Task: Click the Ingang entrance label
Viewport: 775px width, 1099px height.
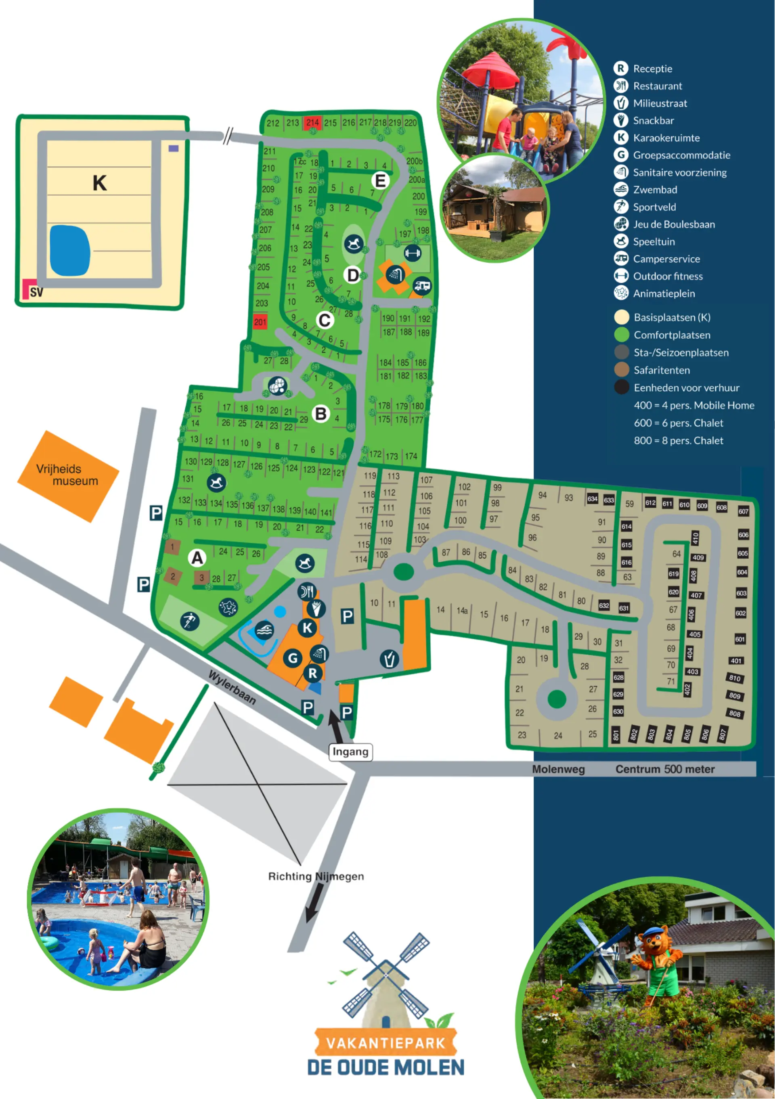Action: pos(350,752)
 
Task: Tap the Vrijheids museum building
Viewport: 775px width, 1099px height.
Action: pos(68,476)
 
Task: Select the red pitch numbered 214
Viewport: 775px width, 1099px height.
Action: pos(312,123)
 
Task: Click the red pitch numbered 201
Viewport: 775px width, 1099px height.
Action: pos(260,322)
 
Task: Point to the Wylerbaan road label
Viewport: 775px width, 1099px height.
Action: pos(232,688)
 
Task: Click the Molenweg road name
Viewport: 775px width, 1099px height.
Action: pos(558,769)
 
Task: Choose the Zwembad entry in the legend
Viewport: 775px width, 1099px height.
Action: pos(655,190)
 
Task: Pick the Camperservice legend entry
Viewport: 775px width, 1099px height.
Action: pos(666,259)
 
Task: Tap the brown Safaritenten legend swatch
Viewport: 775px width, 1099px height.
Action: pos(621,370)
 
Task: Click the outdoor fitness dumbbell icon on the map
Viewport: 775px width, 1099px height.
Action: pos(412,252)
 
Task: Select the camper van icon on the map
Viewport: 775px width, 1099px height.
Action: pos(422,286)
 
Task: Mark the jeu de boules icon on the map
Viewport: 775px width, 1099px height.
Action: pos(277,385)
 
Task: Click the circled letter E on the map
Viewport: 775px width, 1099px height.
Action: pos(380,181)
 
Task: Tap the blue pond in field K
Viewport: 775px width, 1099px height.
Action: pos(70,250)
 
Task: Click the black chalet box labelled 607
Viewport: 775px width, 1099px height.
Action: pos(743,511)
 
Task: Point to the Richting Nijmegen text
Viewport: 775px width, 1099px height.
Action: pos(316,876)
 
